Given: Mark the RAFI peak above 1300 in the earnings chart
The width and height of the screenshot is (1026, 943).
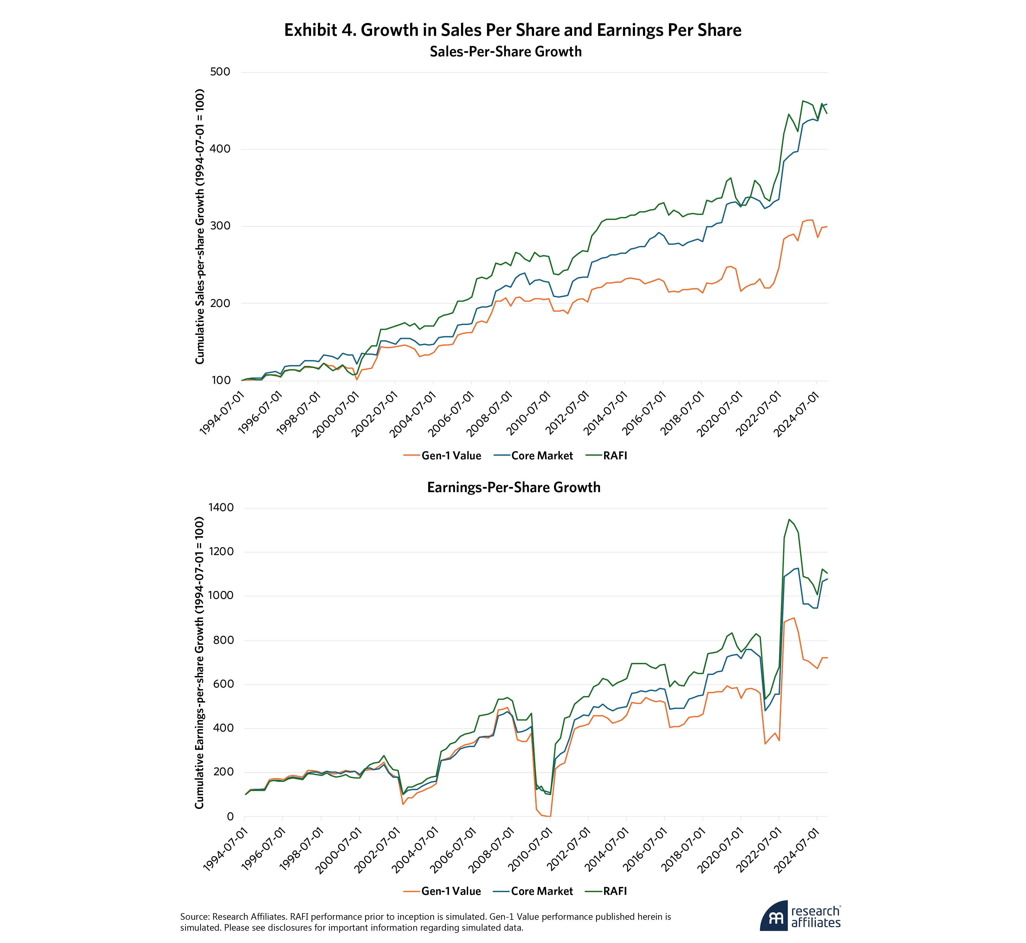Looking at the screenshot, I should [789, 520].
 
